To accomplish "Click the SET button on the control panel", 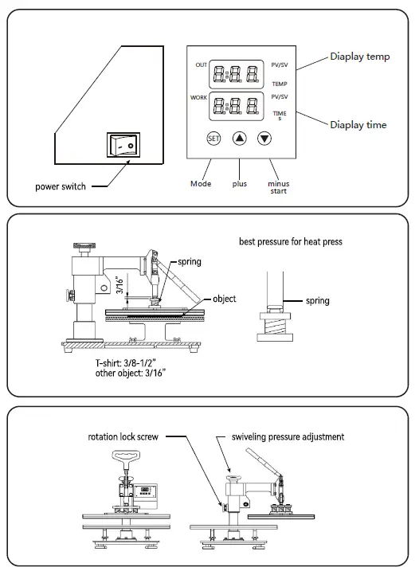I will pyautogui.click(x=213, y=138).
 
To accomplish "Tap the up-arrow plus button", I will pyautogui.click(x=240, y=138).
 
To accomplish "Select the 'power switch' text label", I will pyautogui.click(x=61, y=187).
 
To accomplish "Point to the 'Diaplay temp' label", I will pyautogui.click(x=360, y=57).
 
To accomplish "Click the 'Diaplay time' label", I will pyautogui.click(x=358, y=125).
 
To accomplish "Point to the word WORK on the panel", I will pyautogui.click(x=198, y=96).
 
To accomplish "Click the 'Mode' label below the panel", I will pyautogui.click(x=201, y=184).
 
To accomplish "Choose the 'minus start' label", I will pyautogui.click(x=278, y=187).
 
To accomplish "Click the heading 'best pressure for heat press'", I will pyautogui.click(x=290, y=241).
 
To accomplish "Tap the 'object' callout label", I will pyautogui.click(x=224, y=299).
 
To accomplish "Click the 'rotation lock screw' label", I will pyautogui.click(x=126, y=437).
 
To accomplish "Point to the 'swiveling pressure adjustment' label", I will pyautogui.click(x=288, y=437).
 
